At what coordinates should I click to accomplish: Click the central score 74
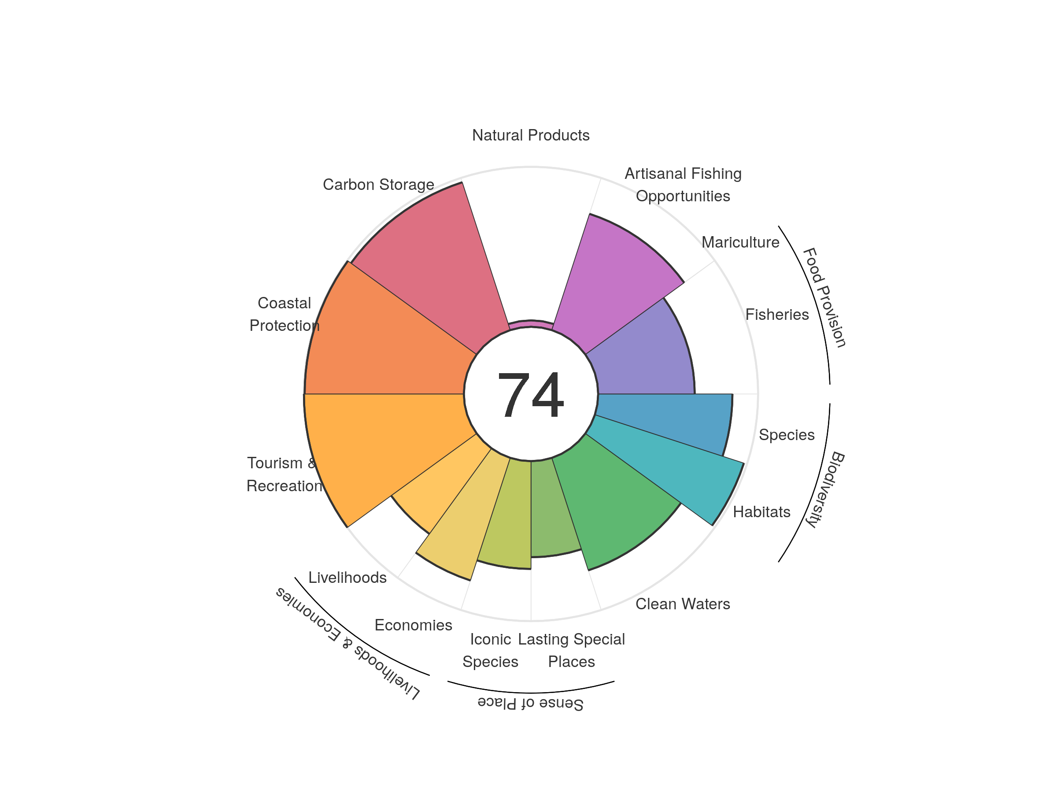[530, 395]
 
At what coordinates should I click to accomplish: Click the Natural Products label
[530, 135]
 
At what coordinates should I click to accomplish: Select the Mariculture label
[740, 242]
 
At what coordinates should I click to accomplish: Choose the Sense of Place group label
[530, 704]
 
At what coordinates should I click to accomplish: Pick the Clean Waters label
[682, 604]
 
